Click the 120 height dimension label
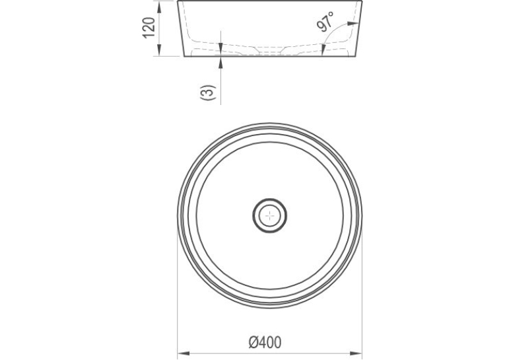[x=149, y=28]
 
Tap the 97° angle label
[x=325, y=22]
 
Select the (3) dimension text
[x=207, y=92]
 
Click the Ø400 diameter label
[x=265, y=342]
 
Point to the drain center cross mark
[x=269, y=215]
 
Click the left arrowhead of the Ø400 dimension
[x=183, y=353]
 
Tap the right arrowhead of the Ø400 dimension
[x=357, y=353]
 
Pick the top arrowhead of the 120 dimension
[x=159, y=7]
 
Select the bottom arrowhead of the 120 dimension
[x=159, y=51]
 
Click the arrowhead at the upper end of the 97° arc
[x=354, y=24]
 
